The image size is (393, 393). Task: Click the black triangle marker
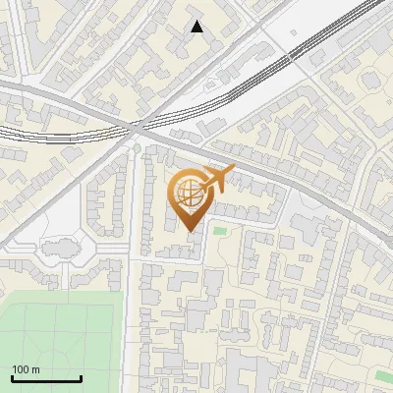197,27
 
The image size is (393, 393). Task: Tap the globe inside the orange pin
189,193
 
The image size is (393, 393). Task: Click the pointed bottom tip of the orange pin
189,233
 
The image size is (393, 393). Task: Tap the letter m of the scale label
35,370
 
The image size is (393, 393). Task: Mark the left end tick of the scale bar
12,378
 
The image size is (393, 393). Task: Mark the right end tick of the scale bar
81,378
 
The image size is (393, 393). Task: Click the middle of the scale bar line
46,379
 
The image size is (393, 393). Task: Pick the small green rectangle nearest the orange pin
220,232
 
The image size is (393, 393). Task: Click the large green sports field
59,334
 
